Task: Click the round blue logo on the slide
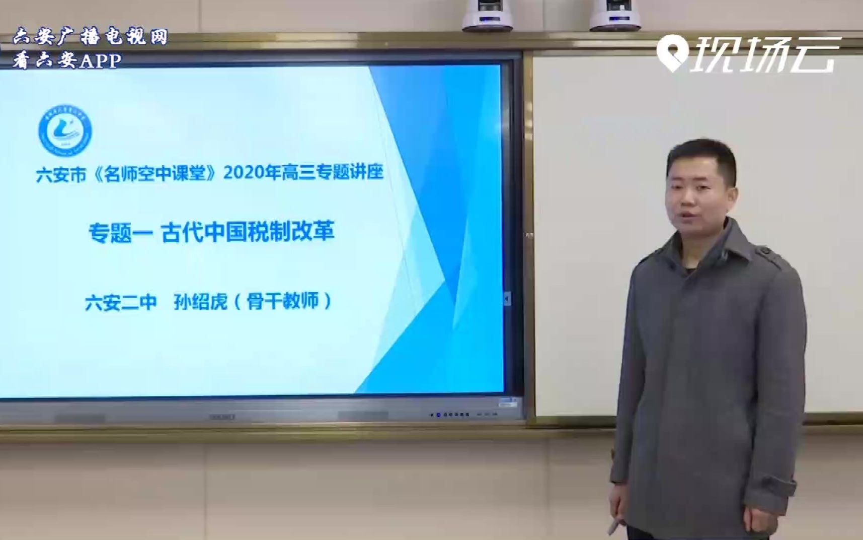coord(65,130)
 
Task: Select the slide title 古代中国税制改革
coord(248,232)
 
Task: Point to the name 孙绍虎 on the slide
coord(200,302)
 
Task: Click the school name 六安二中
coord(121,303)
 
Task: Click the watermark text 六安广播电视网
coord(91,37)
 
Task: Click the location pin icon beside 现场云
coord(672,54)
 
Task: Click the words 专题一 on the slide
coord(120,233)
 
